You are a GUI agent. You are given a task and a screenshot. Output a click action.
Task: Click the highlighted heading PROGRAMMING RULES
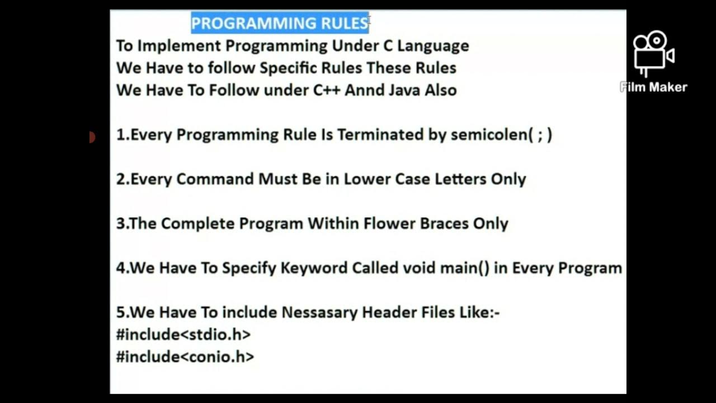coord(280,23)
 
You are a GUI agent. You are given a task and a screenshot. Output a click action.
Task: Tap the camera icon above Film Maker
coord(653,53)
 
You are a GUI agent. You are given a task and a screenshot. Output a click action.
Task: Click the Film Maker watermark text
coord(653,87)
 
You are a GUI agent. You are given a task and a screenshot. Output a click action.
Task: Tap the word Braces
coord(442,223)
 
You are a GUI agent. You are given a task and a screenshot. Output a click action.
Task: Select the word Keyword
coord(314,268)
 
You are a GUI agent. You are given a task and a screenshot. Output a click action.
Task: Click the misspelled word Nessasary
coord(319,312)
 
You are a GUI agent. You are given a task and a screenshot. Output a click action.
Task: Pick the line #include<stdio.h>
coord(183,335)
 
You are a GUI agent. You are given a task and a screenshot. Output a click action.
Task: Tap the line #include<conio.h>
coord(185,357)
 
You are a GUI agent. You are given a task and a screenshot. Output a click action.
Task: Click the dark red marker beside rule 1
coord(92,137)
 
